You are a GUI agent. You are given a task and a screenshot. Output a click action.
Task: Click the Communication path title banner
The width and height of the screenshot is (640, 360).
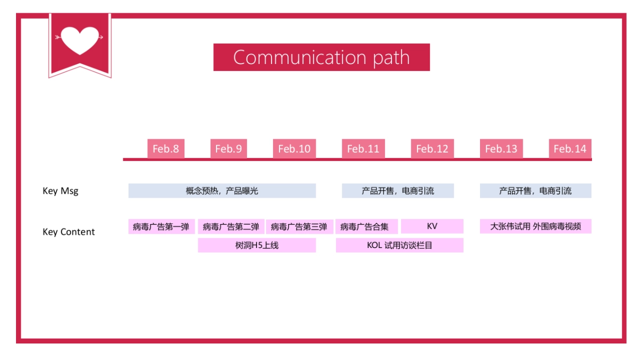[x=322, y=57]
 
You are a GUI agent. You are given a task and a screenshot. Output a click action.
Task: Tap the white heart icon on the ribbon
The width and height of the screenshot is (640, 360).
[x=80, y=39]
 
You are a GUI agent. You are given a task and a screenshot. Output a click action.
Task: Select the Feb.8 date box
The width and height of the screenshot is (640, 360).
[x=166, y=149]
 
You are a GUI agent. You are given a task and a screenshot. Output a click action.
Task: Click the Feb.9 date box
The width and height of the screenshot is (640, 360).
[x=228, y=149]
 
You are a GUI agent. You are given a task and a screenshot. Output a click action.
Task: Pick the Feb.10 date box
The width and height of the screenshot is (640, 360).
[x=294, y=149]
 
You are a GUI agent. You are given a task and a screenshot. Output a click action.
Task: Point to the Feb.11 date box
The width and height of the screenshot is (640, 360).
[x=363, y=149]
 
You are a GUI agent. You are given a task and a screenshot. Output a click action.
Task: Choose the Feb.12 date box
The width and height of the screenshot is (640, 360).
[x=432, y=149]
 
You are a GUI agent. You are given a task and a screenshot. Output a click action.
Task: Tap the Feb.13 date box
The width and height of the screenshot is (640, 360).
[x=501, y=149]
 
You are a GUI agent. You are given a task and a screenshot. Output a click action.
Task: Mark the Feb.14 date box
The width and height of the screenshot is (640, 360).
[x=570, y=149]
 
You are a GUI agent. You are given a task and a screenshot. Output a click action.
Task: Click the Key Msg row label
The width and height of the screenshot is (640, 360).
[x=60, y=191]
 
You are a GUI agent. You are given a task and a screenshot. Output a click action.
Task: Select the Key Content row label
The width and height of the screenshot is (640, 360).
[x=69, y=232]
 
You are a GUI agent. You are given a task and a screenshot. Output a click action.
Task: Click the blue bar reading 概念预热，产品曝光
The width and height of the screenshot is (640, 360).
[x=222, y=191]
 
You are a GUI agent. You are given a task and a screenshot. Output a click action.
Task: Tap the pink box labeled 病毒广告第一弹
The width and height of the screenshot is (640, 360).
[x=161, y=227]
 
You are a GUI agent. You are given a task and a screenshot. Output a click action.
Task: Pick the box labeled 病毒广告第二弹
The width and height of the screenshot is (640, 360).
[x=231, y=227]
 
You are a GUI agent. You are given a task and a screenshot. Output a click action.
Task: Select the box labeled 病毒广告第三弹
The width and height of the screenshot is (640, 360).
[x=299, y=227]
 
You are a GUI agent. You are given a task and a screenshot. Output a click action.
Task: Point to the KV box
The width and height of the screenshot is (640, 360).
[x=432, y=226]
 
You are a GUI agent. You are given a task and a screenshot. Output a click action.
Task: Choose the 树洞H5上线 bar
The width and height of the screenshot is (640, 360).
[x=257, y=245]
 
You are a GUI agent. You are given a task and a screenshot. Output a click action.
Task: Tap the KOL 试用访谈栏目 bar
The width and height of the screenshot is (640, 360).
[x=399, y=245]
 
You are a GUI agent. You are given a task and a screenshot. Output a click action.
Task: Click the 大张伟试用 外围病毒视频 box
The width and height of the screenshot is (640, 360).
[x=535, y=226]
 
